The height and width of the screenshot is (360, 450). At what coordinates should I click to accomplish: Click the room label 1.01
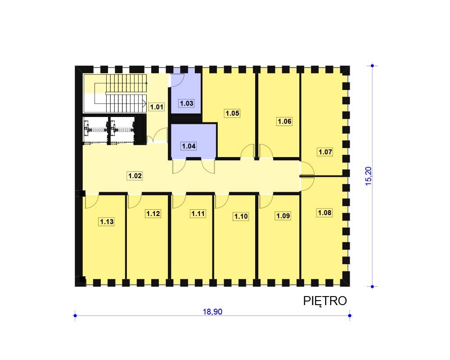coord(157,107)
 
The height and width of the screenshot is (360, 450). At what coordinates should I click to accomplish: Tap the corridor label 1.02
coord(135,175)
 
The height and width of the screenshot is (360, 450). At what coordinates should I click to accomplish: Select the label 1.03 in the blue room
coord(187,103)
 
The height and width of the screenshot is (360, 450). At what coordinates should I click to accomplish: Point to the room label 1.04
coord(189,146)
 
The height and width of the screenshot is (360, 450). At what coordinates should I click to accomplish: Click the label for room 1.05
coord(232,113)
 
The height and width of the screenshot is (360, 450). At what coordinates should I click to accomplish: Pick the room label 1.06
coord(284,121)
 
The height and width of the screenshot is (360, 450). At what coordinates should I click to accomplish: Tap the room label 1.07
coord(325,152)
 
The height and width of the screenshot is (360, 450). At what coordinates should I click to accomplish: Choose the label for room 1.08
coord(324,213)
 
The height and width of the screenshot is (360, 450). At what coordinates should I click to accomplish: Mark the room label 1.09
coord(283,216)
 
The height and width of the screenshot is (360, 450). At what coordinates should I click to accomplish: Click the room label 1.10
coord(241,216)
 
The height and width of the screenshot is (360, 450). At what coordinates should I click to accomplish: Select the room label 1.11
coord(198,214)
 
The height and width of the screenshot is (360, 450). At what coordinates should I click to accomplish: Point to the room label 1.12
coord(153,214)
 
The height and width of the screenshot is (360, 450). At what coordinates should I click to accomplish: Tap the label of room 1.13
coord(107,222)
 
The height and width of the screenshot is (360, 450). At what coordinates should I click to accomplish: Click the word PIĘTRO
coord(325,301)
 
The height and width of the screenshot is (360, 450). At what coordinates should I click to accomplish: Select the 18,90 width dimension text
coord(213,312)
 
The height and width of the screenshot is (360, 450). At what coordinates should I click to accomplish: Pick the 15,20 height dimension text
coord(369,176)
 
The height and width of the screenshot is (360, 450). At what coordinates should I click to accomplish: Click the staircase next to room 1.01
coord(115,93)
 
